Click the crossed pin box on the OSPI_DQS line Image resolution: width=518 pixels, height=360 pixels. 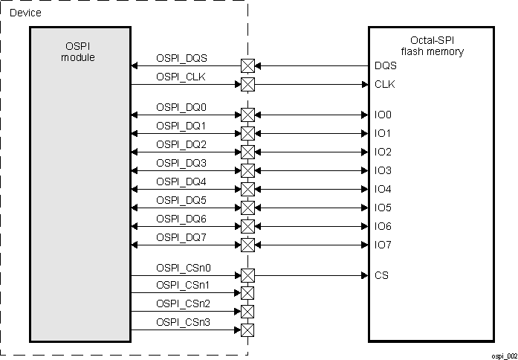click(x=247, y=65)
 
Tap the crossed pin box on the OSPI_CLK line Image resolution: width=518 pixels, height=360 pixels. click(x=247, y=84)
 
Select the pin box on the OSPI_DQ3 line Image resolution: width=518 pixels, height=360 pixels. click(x=247, y=170)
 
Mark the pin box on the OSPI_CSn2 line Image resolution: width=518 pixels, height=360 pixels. click(x=247, y=312)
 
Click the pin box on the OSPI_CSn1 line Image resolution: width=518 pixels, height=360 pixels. click(x=247, y=293)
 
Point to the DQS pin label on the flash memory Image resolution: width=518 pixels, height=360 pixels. click(x=386, y=65)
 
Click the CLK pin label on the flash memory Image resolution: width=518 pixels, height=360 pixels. click(x=385, y=84)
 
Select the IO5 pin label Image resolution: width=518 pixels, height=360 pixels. click(x=383, y=208)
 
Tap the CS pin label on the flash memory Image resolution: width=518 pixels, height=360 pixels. click(x=382, y=275)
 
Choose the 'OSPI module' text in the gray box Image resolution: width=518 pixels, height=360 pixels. click(x=78, y=52)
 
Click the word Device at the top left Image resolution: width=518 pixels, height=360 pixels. click(x=25, y=13)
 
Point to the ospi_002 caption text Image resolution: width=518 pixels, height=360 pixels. click(x=502, y=356)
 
